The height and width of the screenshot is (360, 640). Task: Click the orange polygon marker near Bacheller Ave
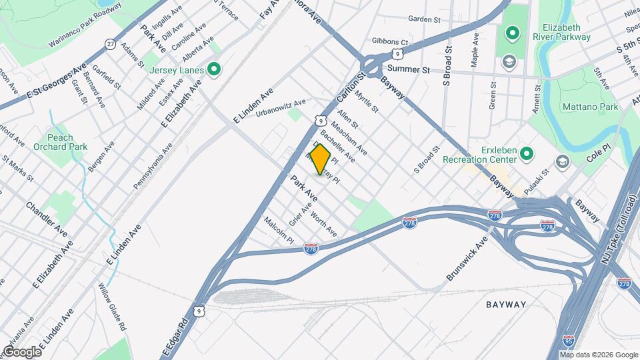tap(320, 160)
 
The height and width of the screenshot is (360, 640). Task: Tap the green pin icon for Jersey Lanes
tap(214, 69)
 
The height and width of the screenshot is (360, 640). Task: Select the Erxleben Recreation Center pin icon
tap(527, 154)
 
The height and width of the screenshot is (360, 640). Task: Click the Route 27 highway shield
tap(109, 43)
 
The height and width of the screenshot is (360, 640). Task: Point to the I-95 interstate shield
tap(569, 340)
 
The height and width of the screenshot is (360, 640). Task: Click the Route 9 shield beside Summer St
tap(397, 52)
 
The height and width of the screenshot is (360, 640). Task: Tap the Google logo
tap(21, 351)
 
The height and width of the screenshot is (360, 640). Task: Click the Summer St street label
tap(407, 69)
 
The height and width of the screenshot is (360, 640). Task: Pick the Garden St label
tap(426, 19)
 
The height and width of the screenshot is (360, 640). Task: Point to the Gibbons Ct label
tap(390, 41)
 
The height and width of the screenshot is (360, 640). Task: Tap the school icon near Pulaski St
tap(563, 163)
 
